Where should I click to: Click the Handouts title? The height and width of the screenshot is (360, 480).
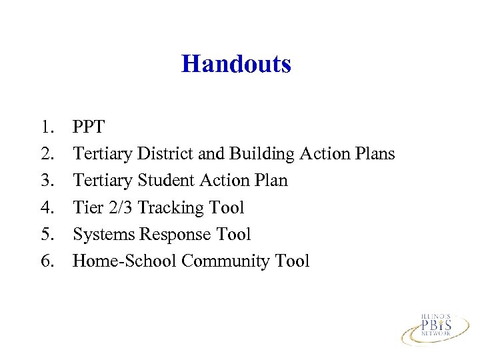point(236,64)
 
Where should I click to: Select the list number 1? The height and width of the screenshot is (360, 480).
point(47,127)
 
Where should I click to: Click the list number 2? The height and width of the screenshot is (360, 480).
point(47,154)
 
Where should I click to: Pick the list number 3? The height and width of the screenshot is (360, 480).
point(47,181)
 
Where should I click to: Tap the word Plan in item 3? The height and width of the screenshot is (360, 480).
point(270,181)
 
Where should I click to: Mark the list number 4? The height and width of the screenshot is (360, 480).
point(47,207)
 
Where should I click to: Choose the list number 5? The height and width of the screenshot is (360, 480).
point(47,234)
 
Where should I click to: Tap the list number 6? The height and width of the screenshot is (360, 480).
point(47,261)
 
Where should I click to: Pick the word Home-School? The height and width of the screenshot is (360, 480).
point(125,261)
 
